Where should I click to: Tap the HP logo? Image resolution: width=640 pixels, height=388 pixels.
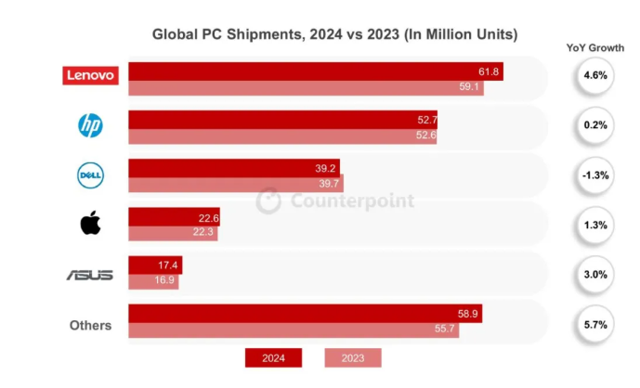pyautogui.click(x=90, y=126)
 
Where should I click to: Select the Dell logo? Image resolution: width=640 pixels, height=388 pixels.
pyautogui.click(x=90, y=175)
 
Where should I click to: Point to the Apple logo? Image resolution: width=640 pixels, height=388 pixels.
pyautogui.click(x=90, y=224)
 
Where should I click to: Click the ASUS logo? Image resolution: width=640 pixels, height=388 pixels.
pyautogui.click(x=90, y=275)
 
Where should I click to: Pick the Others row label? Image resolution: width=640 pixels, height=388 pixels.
pyautogui.click(x=90, y=325)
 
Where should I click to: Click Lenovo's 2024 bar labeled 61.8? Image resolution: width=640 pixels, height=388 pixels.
pyautogui.click(x=316, y=71)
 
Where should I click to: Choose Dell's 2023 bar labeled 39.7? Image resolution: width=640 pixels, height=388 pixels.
pyautogui.click(x=236, y=185)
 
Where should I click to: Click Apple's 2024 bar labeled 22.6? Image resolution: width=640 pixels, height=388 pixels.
pyautogui.click(x=174, y=217)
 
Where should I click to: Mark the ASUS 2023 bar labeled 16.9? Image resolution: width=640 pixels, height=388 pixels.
pyautogui.click(x=153, y=281)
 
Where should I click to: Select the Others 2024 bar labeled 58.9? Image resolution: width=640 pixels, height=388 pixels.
pyautogui.click(x=305, y=314)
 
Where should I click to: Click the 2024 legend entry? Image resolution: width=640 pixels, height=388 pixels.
pyautogui.click(x=273, y=357)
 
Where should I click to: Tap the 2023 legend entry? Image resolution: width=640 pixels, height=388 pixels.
pyautogui.click(x=353, y=357)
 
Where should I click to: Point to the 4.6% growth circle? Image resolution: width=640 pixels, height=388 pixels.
pyautogui.click(x=595, y=75)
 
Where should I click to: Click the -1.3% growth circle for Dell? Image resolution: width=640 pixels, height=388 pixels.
pyautogui.click(x=595, y=175)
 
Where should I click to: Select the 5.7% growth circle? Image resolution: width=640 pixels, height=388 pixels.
pyautogui.click(x=595, y=325)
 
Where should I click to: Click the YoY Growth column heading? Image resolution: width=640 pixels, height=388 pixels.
pyautogui.click(x=594, y=46)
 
